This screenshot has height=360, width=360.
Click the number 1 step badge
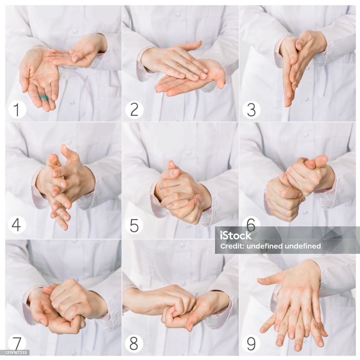[17, 109]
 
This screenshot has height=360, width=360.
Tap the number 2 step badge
[134, 109]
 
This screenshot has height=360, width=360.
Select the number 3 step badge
[252, 109]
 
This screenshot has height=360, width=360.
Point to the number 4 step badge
[17, 225]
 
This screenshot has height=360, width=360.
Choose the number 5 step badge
[134, 225]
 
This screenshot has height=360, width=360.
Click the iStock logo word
[236, 235]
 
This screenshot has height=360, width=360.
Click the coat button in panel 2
[178, 15]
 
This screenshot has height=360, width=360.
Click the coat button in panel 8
[182, 246]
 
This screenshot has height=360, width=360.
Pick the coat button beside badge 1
[72, 102]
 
